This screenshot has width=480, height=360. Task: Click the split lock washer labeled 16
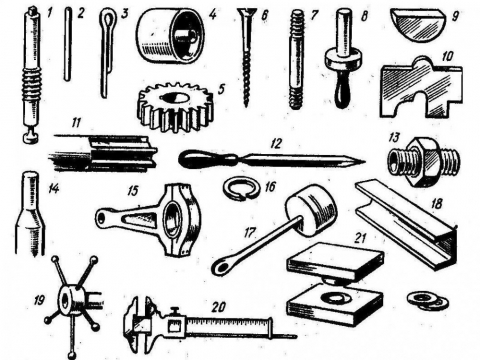(237, 188)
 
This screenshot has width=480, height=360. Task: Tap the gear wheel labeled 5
(175, 107)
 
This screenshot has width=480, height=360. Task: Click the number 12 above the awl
(276, 144)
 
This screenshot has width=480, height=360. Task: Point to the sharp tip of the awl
(365, 162)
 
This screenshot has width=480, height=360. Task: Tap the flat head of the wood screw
(246, 12)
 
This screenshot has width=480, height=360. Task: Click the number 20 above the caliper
(219, 307)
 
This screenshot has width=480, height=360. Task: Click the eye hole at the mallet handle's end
(223, 266)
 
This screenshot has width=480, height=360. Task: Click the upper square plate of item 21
(335, 262)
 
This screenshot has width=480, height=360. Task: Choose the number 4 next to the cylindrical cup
(213, 15)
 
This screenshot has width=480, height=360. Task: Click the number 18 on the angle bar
(436, 203)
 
